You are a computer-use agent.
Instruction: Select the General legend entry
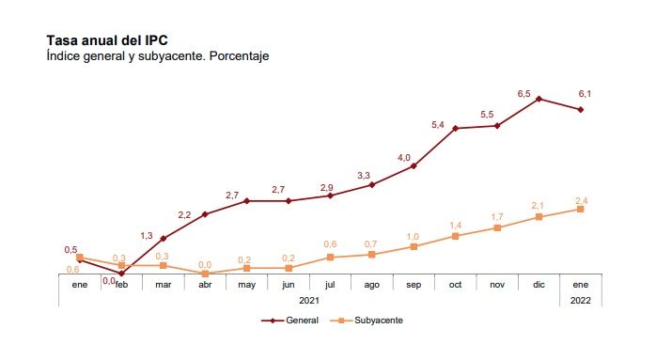tap(294, 321)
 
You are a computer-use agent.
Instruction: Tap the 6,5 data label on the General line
tap(524, 94)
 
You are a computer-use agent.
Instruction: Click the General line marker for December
tap(539, 98)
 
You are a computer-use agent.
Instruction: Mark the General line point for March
tap(164, 238)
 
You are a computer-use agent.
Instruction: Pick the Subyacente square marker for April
tap(205, 274)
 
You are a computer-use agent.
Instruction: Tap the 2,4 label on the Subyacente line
tap(581, 200)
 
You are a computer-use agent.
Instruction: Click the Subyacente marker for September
tap(414, 246)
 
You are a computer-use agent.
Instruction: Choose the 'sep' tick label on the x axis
tap(414, 284)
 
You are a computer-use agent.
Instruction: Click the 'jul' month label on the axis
tap(330, 284)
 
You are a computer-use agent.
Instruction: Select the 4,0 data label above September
tap(404, 158)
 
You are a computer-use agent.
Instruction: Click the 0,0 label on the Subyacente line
tap(205, 264)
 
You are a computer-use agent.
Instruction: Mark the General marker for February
tap(121, 273)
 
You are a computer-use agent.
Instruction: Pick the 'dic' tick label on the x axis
tap(539, 284)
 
